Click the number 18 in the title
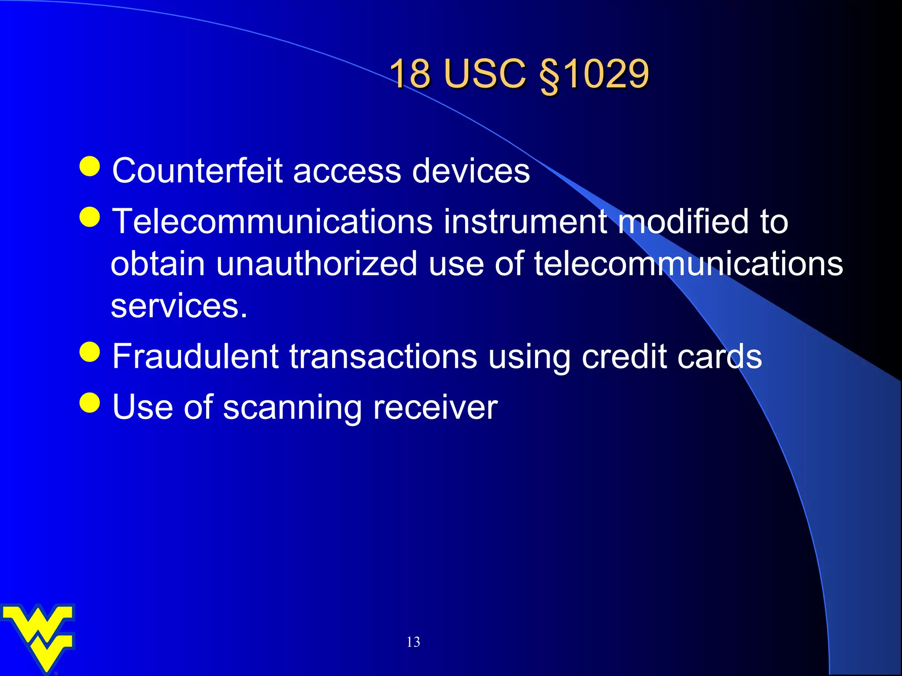[410, 73]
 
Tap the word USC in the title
[485, 73]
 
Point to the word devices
[471, 171]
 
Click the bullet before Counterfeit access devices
[90, 166]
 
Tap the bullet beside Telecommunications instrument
[90, 217]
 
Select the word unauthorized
[316, 264]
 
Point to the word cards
[720, 356]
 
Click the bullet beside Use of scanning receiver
[90, 402]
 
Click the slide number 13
[413, 642]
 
